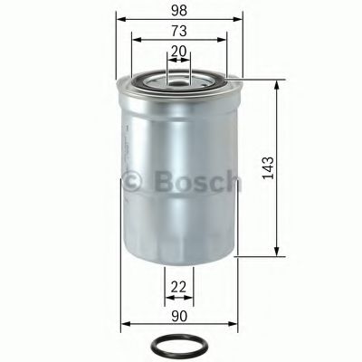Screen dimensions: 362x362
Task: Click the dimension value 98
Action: [x=179, y=9]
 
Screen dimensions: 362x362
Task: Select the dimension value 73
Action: [x=179, y=31]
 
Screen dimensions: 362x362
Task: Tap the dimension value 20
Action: [x=179, y=52]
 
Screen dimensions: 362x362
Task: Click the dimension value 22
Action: [x=179, y=287]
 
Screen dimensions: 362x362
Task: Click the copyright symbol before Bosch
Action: [x=133, y=183]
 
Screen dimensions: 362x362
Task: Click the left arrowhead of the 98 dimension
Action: [x=119, y=19]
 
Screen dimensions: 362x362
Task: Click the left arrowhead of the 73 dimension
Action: [x=134, y=40]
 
